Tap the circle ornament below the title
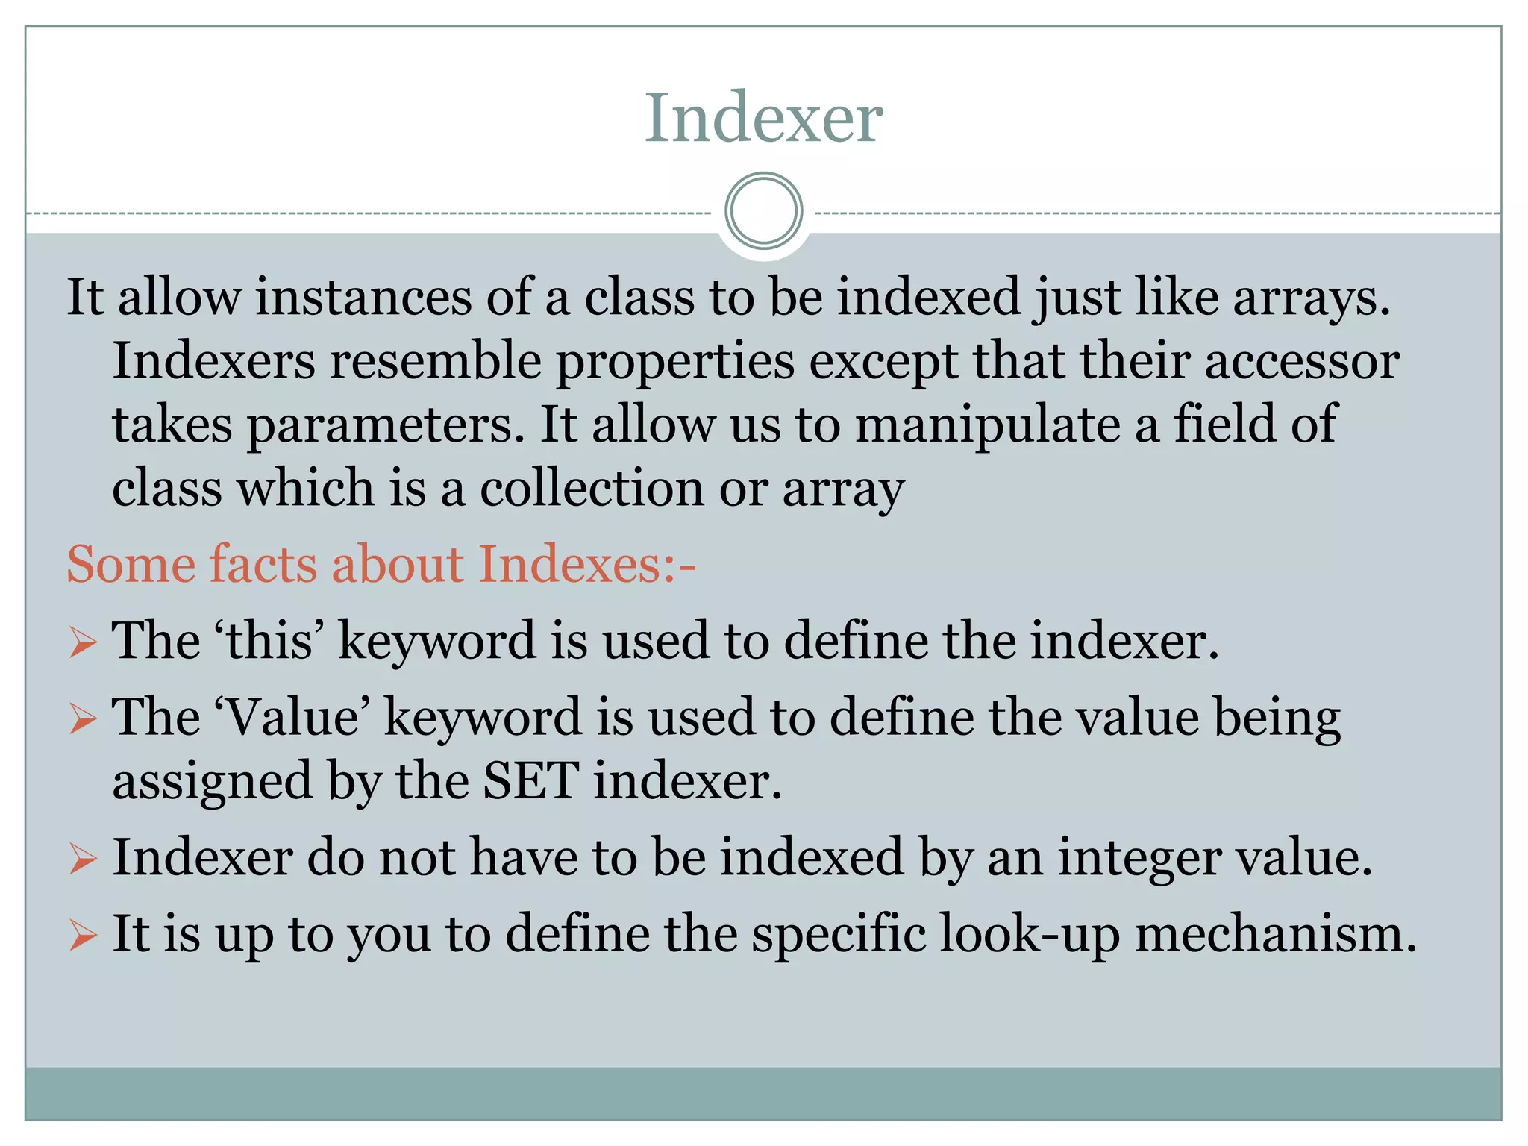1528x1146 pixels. (763, 211)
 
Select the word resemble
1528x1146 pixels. (436, 362)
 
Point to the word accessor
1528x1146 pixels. (1302, 362)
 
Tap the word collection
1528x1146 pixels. (592, 489)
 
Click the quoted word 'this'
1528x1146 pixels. (269, 640)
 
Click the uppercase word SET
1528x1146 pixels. (530, 781)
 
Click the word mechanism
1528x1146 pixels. (1275, 934)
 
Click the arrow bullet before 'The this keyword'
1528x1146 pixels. (82, 642)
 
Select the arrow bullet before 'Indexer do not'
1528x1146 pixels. (82, 859)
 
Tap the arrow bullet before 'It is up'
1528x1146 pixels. (82, 936)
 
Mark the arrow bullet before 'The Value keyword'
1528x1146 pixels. (82, 719)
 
